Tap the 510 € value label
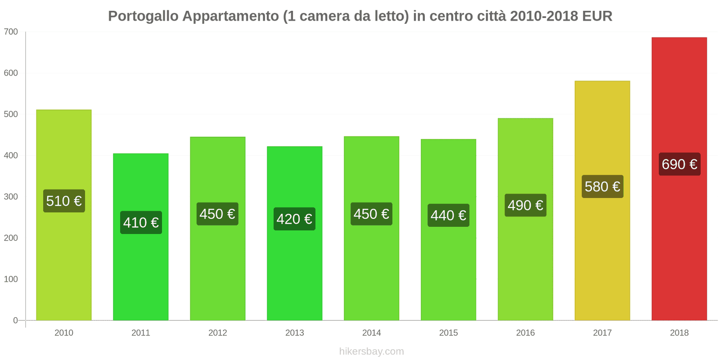(x=64, y=201)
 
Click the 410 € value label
(x=141, y=222)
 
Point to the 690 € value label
(x=679, y=164)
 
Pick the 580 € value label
(x=603, y=186)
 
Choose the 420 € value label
(x=294, y=219)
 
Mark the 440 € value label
(x=448, y=215)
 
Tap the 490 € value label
(x=525, y=205)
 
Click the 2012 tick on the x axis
(x=217, y=333)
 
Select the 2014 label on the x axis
(x=371, y=333)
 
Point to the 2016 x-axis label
(x=525, y=333)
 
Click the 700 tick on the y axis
(x=11, y=32)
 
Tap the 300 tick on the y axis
(x=11, y=197)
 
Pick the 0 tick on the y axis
(x=15, y=320)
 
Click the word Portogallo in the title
(x=143, y=16)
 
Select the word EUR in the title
(x=597, y=16)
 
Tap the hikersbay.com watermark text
(x=371, y=351)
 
